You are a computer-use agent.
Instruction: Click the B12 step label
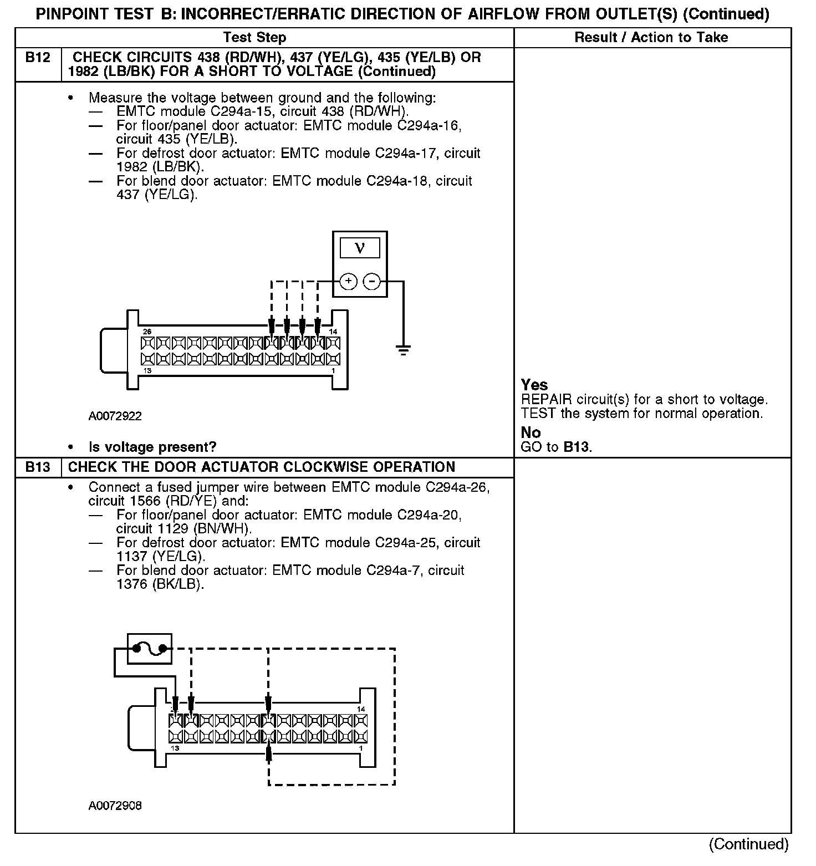[38, 58]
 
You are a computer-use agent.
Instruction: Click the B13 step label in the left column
[38, 467]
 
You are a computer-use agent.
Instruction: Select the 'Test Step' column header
[254, 38]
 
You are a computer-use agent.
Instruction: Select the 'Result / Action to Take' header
[651, 38]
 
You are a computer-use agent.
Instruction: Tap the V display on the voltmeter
[360, 248]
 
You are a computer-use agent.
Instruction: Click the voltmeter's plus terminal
[348, 282]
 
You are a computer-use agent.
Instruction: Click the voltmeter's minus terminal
[371, 282]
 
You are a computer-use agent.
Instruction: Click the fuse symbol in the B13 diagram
[150, 648]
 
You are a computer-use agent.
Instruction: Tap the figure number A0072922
[115, 416]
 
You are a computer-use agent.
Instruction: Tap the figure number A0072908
[115, 806]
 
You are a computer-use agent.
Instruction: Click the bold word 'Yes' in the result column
[534, 385]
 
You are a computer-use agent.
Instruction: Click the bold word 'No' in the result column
[531, 432]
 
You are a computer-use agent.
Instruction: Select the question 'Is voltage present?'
[152, 447]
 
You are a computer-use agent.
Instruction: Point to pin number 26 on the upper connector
[147, 332]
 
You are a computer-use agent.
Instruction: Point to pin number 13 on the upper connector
[147, 371]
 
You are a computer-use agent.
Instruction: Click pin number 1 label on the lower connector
[361, 748]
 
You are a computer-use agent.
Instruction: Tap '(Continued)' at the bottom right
[748, 844]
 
